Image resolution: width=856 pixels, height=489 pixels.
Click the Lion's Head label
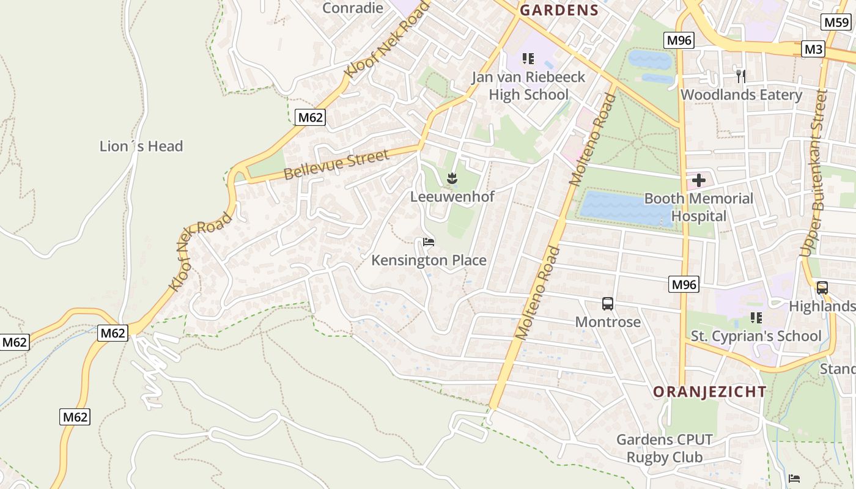pos(141,146)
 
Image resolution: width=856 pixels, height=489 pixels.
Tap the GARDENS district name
pos(559,10)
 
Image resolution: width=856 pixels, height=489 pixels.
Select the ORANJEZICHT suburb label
pos(709,392)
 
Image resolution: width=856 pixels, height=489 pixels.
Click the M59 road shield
pos(836,23)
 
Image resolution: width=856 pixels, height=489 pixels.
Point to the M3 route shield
pos(813,49)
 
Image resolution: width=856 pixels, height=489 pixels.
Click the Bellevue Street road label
pos(336,165)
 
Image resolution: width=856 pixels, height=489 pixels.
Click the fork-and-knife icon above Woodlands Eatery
pos(741,76)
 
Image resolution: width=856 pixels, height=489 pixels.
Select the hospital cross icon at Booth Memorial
pos(698,180)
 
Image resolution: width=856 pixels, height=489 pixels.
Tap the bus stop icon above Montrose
pos(608,304)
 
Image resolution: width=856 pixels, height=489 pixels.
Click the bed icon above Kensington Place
pos(429,243)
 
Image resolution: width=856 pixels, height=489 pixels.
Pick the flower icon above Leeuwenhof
pos(452,178)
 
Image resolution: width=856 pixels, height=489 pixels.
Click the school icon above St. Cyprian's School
pos(756,318)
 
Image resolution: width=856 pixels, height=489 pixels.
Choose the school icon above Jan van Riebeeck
pos(528,59)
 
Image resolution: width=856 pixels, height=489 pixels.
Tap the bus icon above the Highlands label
pos(822,288)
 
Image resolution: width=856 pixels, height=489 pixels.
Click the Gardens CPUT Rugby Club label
pos(664,448)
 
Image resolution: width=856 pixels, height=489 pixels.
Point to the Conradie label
pos(353,8)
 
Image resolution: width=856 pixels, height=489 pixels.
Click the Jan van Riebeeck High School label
pos(528,86)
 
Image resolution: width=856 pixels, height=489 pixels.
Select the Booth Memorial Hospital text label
pos(698,207)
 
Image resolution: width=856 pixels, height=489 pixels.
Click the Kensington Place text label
pos(429,260)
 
